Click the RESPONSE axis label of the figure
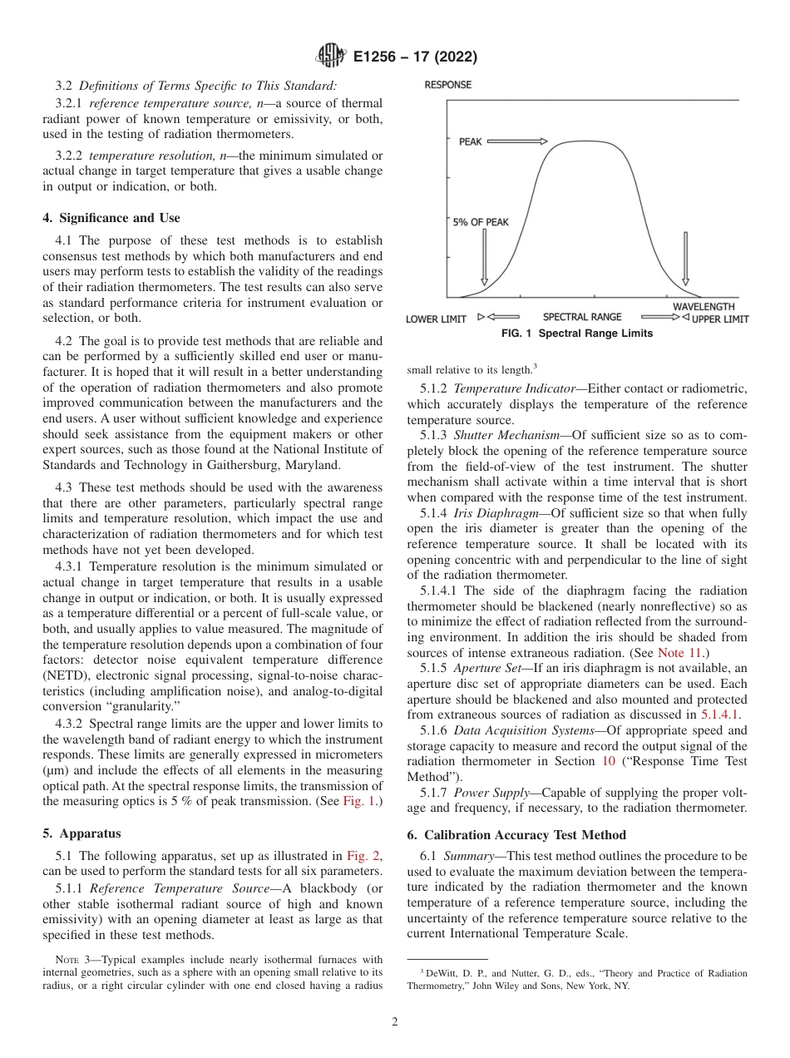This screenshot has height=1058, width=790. [447, 85]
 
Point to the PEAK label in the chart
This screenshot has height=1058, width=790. [470, 142]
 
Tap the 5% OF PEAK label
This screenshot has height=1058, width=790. [481, 222]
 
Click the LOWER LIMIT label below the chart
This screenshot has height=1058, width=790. [436, 319]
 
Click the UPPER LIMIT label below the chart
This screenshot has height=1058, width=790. [720, 319]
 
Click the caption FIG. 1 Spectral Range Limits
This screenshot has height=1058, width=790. [577, 334]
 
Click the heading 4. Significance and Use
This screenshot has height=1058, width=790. [111, 218]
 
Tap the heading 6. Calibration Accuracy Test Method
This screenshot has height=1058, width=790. [516, 834]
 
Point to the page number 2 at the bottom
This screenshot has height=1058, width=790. [395, 1022]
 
